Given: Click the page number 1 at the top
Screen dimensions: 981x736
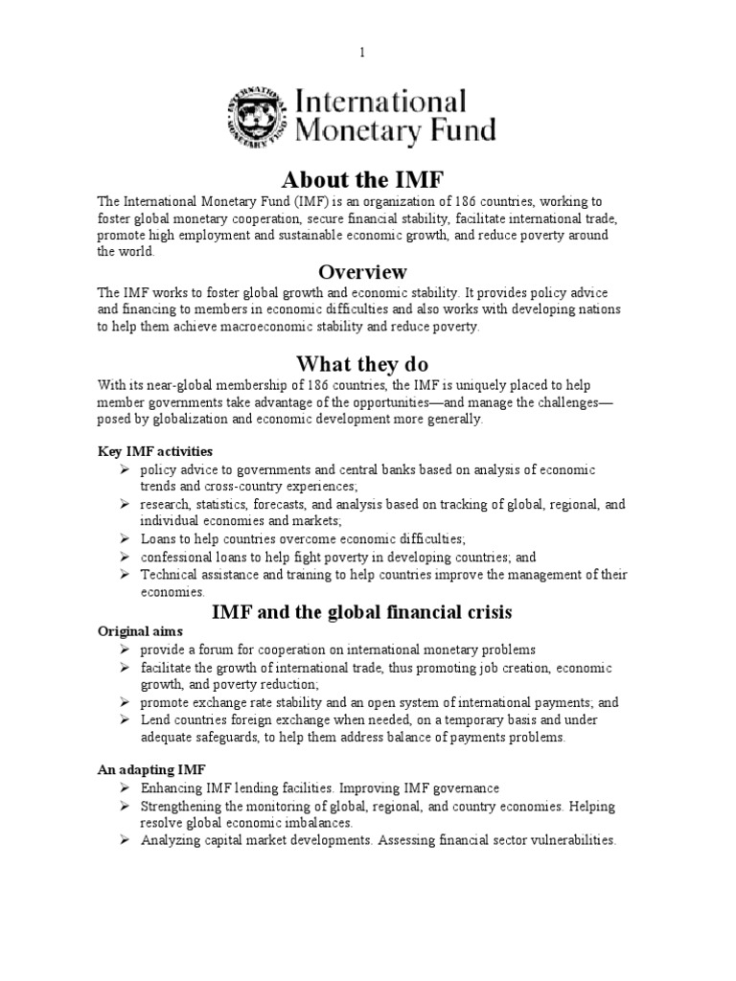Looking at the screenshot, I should (x=363, y=53).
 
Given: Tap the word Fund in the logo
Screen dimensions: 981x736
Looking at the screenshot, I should (x=460, y=129).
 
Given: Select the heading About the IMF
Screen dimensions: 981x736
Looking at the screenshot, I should (x=349, y=179).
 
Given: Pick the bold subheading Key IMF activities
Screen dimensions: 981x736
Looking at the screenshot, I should (x=155, y=451).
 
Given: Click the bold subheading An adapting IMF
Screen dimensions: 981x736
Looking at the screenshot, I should (x=150, y=769).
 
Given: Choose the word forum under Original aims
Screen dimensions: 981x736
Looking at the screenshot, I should (x=213, y=650).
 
